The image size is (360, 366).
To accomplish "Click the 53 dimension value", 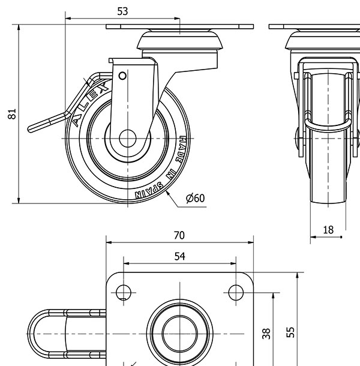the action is [x=122, y=11].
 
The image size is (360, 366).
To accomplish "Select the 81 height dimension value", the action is [x=12, y=114].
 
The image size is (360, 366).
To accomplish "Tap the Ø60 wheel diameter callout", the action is [x=195, y=198].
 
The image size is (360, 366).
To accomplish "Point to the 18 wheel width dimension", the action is [x=328, y=230].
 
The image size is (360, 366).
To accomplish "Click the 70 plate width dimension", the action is [x=179, y=235].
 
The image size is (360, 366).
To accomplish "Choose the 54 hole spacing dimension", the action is [x=180, y=256].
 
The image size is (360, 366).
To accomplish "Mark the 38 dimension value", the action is [x=266, y=334].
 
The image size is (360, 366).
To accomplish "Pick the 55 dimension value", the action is [x=290, y=332].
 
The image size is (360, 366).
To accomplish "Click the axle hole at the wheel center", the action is [x=127, y=139].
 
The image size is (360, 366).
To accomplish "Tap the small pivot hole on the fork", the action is [x=122, y=76].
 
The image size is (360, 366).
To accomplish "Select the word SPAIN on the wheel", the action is [x=149, y=190].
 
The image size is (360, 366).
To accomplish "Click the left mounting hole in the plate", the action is [x=124, y=292].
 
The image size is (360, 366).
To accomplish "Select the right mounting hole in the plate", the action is [x=236, y=292].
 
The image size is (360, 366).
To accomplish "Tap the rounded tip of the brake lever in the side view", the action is [x=31, y=129].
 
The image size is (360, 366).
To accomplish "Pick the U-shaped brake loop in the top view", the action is [x=32, y=334].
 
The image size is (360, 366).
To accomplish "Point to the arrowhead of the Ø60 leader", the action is [x=167, y=193].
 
